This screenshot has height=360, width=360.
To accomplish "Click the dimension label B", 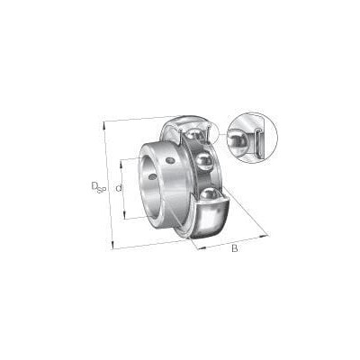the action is (x=235, y=248).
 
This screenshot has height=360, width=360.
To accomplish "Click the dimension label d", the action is (x=119, y=188).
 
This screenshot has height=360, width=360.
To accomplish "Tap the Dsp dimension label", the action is (x=98, y=187).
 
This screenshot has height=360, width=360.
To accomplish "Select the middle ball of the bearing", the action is (x=204, y=161).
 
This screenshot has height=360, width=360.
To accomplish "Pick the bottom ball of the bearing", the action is (x=209, y=193).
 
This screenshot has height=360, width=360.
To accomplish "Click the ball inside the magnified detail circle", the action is (x=238, y=139).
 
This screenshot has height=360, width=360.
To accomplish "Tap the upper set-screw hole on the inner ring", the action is (x=171, y=160).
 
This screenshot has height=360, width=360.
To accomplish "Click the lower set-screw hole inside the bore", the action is (x=152, y=176).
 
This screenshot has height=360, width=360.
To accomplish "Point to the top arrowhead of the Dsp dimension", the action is (x=104, y=124).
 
